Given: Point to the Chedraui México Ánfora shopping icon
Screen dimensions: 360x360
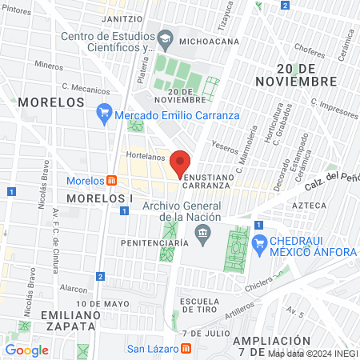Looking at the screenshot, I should (258, 242).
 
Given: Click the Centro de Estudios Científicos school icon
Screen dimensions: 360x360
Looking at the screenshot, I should (164, 38).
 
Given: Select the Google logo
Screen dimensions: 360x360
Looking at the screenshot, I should (27, 350).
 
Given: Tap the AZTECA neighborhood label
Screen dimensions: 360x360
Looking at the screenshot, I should (310, 206).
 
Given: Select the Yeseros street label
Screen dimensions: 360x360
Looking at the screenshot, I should (225, 146).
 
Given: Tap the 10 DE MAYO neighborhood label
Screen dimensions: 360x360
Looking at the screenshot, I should (103, 304).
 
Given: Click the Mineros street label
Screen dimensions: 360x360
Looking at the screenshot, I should (49, 66).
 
